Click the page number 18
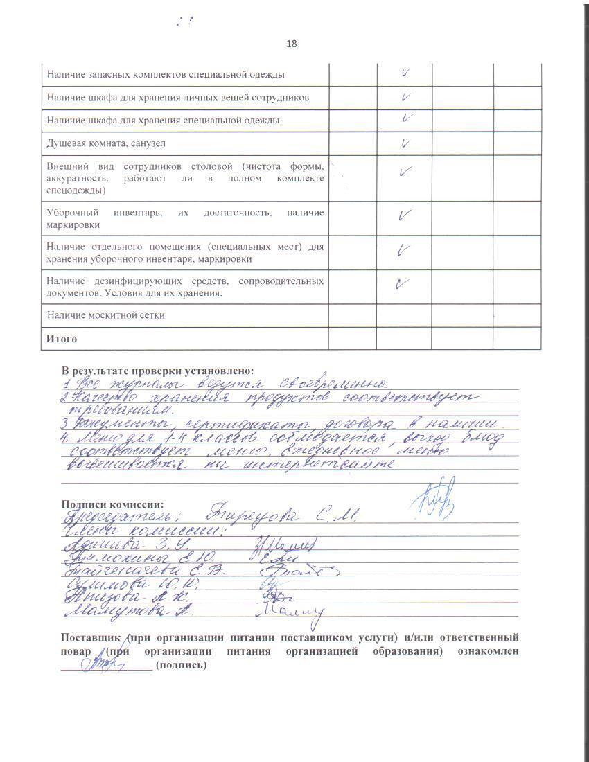pos(291,44)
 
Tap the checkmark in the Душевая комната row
pos(405,143)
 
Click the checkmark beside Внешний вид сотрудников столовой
pos(405,171)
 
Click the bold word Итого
pos(62,339)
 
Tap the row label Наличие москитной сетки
pos(106,315)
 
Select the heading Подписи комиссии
pos(112,504)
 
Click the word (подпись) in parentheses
pos(182,665)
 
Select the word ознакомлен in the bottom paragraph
pos(486,651)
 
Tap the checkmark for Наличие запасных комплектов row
pos(405,71)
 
